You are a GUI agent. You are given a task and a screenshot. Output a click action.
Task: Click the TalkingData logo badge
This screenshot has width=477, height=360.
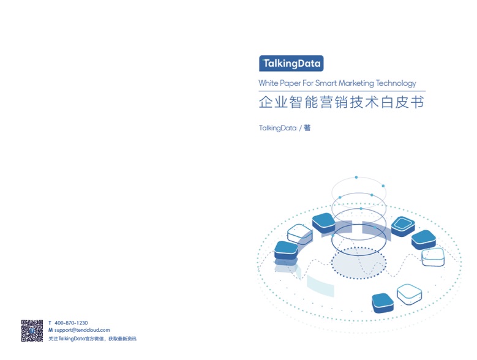click(291, 63)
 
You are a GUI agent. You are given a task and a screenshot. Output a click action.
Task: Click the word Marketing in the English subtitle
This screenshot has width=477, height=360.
click(356, 83)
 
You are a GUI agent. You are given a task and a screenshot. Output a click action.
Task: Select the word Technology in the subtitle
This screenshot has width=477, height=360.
click(396, 83)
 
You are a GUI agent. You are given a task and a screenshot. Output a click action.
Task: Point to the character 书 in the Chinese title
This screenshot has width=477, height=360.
click(417, 102)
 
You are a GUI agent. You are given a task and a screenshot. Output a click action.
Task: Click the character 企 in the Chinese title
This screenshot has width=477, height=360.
click(266, 102)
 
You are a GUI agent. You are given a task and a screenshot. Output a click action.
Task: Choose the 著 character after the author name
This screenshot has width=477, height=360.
click(307, 128)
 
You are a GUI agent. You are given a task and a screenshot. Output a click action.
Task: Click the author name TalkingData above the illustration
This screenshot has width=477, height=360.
click(277, 128)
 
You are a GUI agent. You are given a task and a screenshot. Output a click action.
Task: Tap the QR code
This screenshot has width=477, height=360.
click(32, 331)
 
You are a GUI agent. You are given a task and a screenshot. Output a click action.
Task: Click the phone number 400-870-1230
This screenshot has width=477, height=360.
click(71, 323)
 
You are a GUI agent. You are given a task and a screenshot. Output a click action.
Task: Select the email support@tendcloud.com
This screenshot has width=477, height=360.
click(82, 330)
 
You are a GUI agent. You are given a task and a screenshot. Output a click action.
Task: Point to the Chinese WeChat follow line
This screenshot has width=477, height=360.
click(92, 339)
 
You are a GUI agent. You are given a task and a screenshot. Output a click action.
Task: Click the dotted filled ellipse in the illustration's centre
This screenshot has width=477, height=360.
click(359, 263)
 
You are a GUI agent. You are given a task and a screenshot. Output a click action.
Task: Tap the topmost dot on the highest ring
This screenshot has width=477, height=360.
click(356, 178)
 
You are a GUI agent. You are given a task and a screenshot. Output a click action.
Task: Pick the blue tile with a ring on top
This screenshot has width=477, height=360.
click(403, 226)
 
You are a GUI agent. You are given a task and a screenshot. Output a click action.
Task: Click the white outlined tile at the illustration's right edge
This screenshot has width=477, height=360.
click(433, 257)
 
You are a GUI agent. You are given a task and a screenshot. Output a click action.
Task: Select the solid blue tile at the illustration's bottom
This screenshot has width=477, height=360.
click(383, 303)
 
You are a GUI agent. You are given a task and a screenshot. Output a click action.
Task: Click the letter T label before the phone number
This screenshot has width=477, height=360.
click(50, 323)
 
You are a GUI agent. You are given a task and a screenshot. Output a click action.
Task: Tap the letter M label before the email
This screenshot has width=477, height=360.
click(50, 330)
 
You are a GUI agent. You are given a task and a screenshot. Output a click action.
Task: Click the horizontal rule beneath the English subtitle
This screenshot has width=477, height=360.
click(342, 91)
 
